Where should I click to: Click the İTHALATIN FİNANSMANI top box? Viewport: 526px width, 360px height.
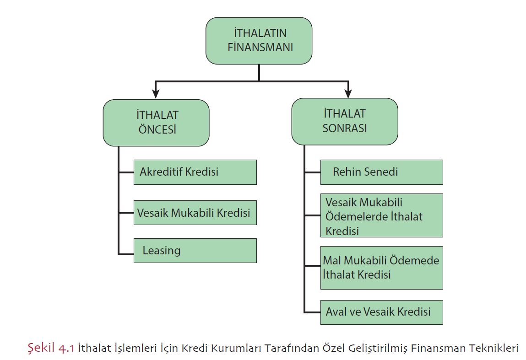coord(259,41)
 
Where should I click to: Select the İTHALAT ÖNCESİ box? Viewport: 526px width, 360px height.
coord(156,123)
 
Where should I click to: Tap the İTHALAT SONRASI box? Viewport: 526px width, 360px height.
coord(345,121)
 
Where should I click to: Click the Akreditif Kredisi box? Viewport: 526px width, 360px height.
coord(195,172)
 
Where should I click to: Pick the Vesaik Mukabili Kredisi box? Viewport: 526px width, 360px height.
coord(195,213)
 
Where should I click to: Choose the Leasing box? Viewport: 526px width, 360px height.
coord(195,251)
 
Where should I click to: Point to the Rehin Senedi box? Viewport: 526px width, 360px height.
coord(381,172)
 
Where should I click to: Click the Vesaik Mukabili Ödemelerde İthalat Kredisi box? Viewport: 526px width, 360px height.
coord(381,215)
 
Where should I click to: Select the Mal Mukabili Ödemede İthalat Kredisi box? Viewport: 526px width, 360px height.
coord(381,268)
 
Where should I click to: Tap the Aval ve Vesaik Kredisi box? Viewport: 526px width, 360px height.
coord(381,312)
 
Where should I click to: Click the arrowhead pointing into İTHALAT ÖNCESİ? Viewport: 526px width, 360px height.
coord(156,94)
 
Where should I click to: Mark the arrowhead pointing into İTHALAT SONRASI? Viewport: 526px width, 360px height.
coord(348,93)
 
